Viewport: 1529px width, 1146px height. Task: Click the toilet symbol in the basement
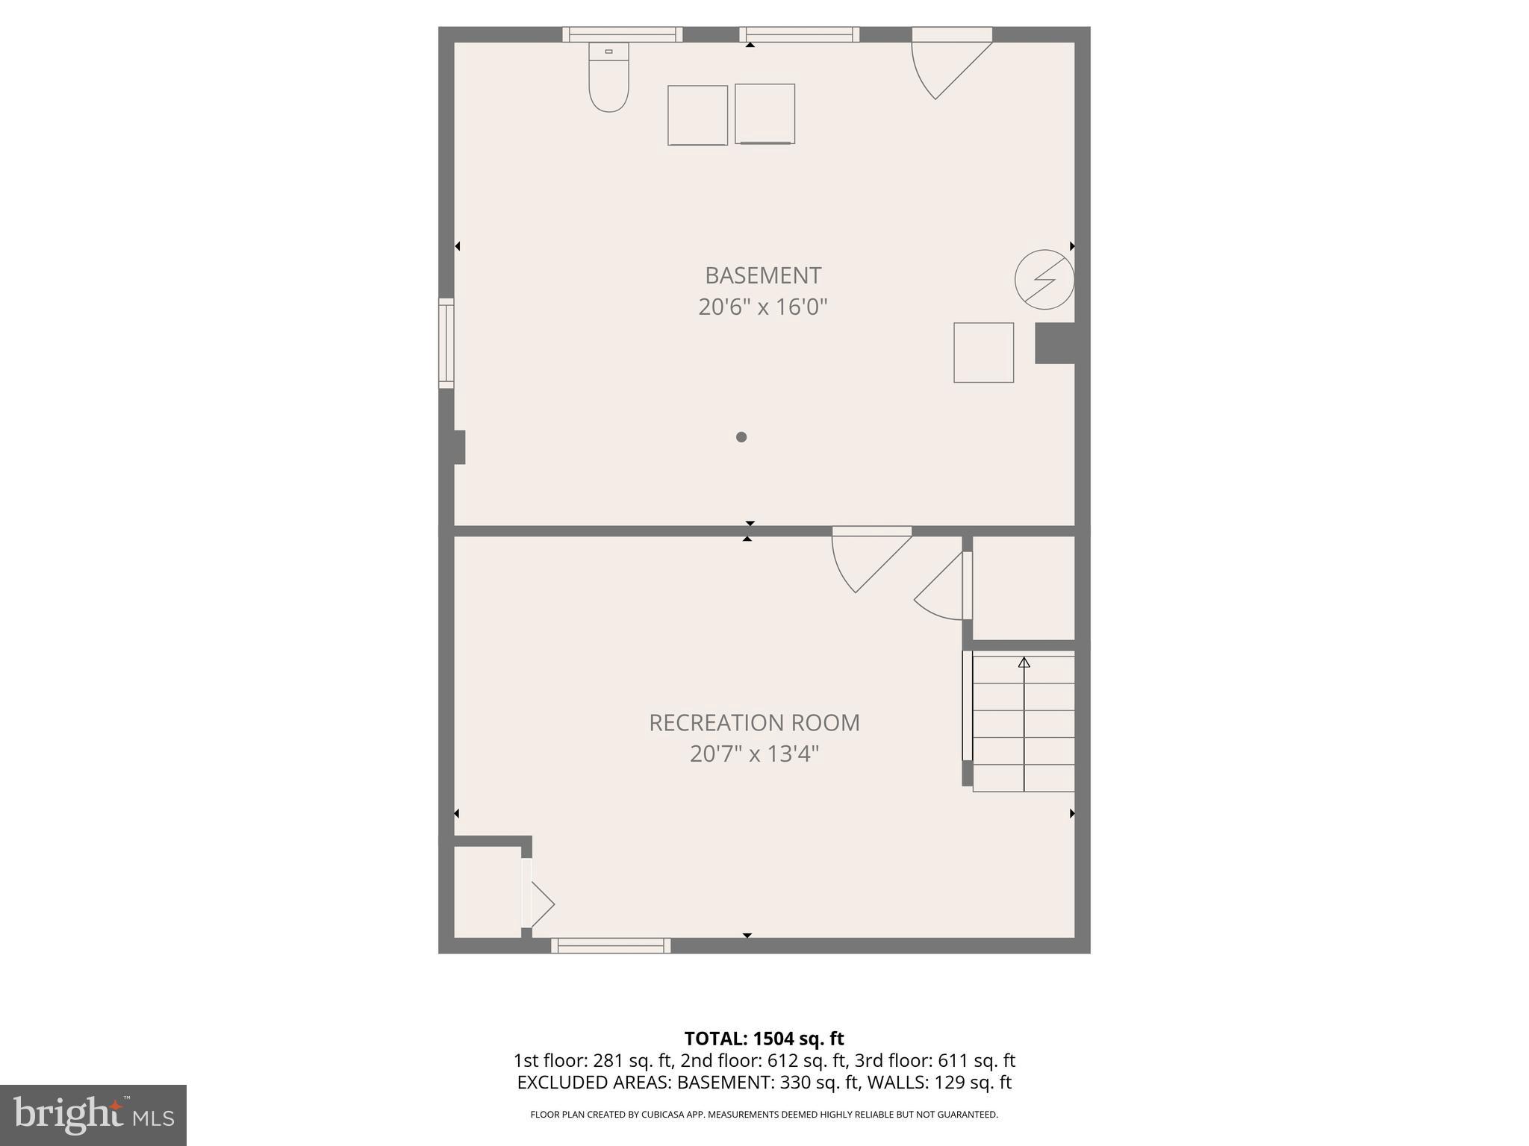tap(608, 78)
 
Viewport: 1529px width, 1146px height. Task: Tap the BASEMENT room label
tap(763, 275)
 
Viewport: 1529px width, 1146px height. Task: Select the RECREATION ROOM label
tap(754, 722)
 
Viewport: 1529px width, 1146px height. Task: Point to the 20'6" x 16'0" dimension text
tap(763, 307)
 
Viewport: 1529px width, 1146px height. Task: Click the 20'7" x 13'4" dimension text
tap(754, 754)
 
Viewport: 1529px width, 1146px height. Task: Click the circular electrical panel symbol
tap(1044, 280)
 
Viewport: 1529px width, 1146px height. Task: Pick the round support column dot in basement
tap(741, 437)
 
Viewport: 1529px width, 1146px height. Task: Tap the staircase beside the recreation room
tap(1024, 722)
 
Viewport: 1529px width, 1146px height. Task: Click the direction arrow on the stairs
tap(1024, 662)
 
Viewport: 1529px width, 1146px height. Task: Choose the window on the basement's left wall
tap(446, 343)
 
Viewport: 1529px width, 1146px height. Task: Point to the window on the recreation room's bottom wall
tap(611, 945)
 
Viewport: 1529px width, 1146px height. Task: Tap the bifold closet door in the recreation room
tap(538, 904)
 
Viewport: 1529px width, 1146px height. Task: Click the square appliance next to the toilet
tap(697, 115)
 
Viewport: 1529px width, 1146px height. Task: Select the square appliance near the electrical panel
tap(983, 353)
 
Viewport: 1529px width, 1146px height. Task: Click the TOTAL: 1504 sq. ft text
tap(764, 1039)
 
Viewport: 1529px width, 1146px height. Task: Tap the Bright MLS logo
tap(93, 1115)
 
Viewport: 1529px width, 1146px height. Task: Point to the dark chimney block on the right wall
tap(1054, 343)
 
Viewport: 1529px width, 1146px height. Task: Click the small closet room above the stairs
tap(1023, 587)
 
